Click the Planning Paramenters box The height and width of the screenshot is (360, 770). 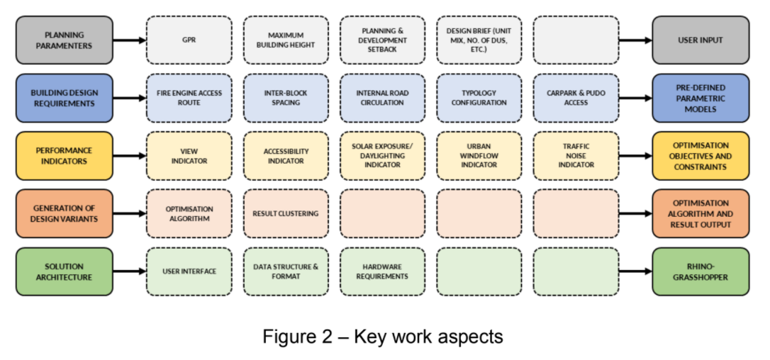pyautogui.click(x=65, y=40)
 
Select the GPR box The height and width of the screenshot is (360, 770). pyautogui.click(x=189, y=40)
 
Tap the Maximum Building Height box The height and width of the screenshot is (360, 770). pyautogui.click(x=286, y=40)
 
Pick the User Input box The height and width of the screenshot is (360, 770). pyautogui.click(x=701, y=40)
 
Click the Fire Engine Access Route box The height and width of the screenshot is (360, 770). pyautogui.click(x=189, y=99)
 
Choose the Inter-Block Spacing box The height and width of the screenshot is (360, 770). pyautogui.click(x=286, y=99)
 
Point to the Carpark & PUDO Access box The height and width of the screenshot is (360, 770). pyautogui.click(x=576, y=99)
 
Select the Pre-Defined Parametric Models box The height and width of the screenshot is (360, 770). pyautogui.click(x=701, y=99)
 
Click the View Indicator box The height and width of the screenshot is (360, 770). pyautogui.click(x=189, y=156)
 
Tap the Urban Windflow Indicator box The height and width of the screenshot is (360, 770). pyautogui.click(x=479, y=156)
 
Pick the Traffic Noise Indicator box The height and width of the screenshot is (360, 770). pyautogui.click(x=576, y=156)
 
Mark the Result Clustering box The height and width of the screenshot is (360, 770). pyautogui.click(x=286, y=213)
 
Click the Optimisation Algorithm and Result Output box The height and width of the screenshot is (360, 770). pyautogui.click(x=701, y=213)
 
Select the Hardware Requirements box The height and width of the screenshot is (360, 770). pyautogui.click(x=383, y=271)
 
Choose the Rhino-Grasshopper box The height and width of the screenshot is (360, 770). pyautogui.click(x=701, y=271)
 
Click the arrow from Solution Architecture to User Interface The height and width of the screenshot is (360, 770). pyautogui.click(x=130, y=271)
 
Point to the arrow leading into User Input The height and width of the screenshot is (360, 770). pyautogui.click(x=636, y=40)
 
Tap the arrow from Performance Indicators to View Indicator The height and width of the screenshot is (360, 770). pyautogui.click(x=130, y=156)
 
